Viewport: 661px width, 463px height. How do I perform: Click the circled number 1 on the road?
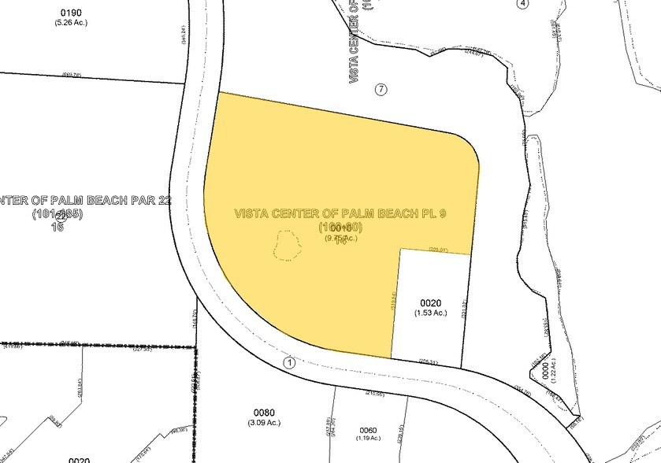[x=290, y=363]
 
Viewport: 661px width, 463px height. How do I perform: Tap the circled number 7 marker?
[x=381, y=89]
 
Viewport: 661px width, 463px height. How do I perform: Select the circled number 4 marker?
[x=522, y=3]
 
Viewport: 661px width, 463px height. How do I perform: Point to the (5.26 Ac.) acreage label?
[x=72, y=22]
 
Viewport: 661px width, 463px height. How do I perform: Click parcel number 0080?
[x=265, y=412]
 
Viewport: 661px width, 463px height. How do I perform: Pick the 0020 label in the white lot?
[x=430, y=302]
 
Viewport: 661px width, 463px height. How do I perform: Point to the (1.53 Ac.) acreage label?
[x=431, y=313]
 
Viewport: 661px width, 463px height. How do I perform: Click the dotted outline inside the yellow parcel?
[x=288, y=246]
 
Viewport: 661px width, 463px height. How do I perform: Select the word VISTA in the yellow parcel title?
[x=253, y=214]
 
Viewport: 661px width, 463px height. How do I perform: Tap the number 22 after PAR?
[x=164, y=200]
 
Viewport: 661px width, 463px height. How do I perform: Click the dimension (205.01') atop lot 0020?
[x=438, y=250]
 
